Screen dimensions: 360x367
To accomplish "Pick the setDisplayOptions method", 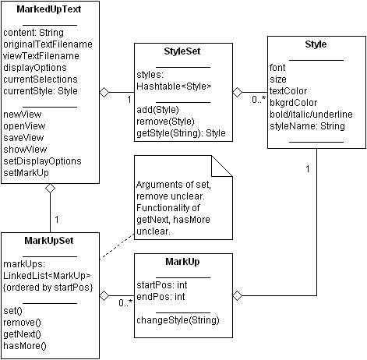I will (x=42, y=161).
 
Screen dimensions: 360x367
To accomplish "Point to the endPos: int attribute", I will (x=161, y=296).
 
